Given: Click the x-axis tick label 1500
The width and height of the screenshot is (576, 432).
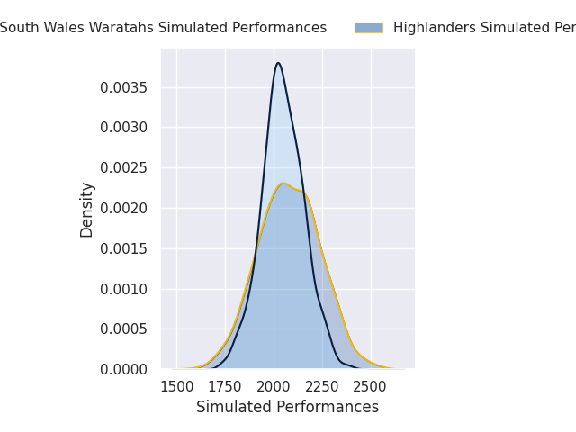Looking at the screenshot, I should pyautogui.click(x=176, y=387).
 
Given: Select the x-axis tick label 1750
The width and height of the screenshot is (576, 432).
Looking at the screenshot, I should pyautogui.click(x=225, y=387).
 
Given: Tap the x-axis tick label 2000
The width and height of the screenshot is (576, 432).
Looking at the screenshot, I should pyautogui.click(x=274, y=387).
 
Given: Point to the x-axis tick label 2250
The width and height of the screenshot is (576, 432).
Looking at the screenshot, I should pyautogui.click(x=322, y=387).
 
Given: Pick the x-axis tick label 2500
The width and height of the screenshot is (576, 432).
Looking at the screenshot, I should pyautogui.click(x=371, y=387).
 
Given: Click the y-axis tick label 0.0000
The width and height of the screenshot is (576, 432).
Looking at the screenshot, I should pyautogui.click(x=125, y=370).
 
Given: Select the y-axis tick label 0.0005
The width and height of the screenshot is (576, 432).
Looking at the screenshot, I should pyautogui.click(x=125, y=329).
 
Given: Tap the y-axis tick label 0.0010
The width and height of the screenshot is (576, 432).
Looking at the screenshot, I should pyautogui.click(x=125, y=289).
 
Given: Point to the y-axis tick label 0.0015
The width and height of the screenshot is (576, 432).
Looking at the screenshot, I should pyautogui.click(x=125, y=248).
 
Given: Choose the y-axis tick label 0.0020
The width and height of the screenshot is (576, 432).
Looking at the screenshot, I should pyautogui.click(x=125, y=208).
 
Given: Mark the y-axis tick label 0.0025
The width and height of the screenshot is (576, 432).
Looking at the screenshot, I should pyautogui.click(x=125, y=168).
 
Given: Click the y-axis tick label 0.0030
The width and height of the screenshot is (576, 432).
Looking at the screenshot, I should pyautogui.click(x=125, y=128).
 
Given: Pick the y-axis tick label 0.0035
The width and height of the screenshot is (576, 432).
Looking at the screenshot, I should pyautogui.click(x=125, y=87).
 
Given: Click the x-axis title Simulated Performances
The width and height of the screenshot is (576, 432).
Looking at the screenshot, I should pyautogui.click(x=287, y=408).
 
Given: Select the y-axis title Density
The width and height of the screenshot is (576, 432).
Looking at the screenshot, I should pyautogui.click(x=87, y=210).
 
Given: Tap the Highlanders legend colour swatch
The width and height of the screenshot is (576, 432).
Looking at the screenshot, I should pyautogui.click(x=368, y=28).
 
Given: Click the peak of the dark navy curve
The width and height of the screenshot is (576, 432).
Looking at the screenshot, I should pyautogui.click(x=278, y=63).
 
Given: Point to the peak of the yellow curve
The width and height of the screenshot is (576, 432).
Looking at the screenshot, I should pyautogui.click(x=283, y=184).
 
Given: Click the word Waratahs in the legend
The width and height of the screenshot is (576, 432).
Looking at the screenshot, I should pyautogui.click(x=126, y=28).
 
